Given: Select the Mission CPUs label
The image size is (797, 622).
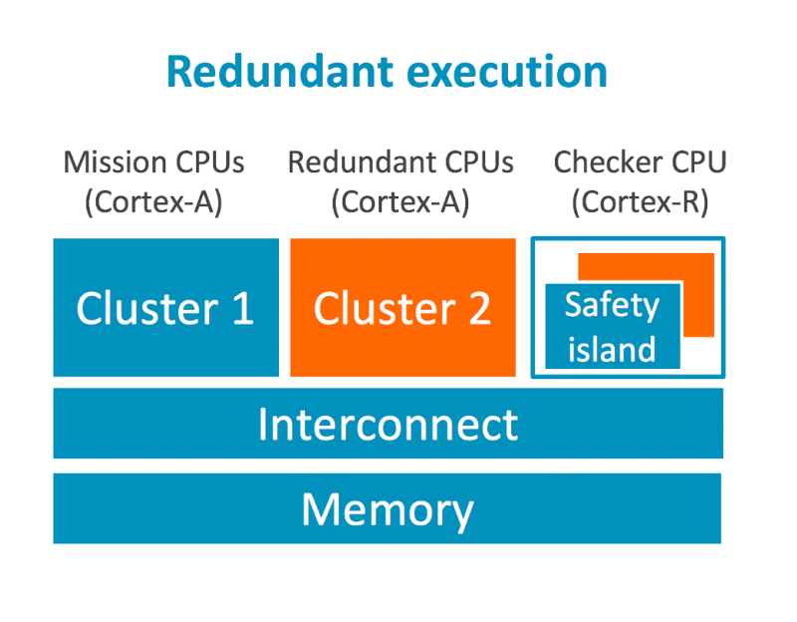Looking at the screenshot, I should [x=153, y=161].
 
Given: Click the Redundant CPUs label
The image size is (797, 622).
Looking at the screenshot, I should [x=400, y=161].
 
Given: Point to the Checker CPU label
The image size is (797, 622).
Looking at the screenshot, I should [x=640, y=161].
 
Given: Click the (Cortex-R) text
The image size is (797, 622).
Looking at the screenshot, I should [x=640, y=202].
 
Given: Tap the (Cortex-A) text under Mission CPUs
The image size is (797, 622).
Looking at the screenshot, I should [x=153, y=202].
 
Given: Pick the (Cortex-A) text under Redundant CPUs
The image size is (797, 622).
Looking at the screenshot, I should [x=400, y=202].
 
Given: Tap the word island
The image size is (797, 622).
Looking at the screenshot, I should [x=612, y=349].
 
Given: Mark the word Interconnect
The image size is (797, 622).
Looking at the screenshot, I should [x=388, y=424].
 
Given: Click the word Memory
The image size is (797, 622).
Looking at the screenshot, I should [x=388, y=509].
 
